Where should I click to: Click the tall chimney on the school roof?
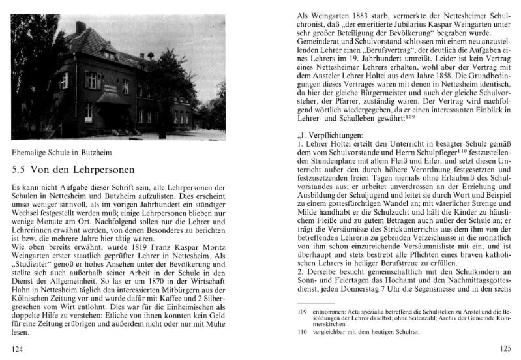coord(80,28)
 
